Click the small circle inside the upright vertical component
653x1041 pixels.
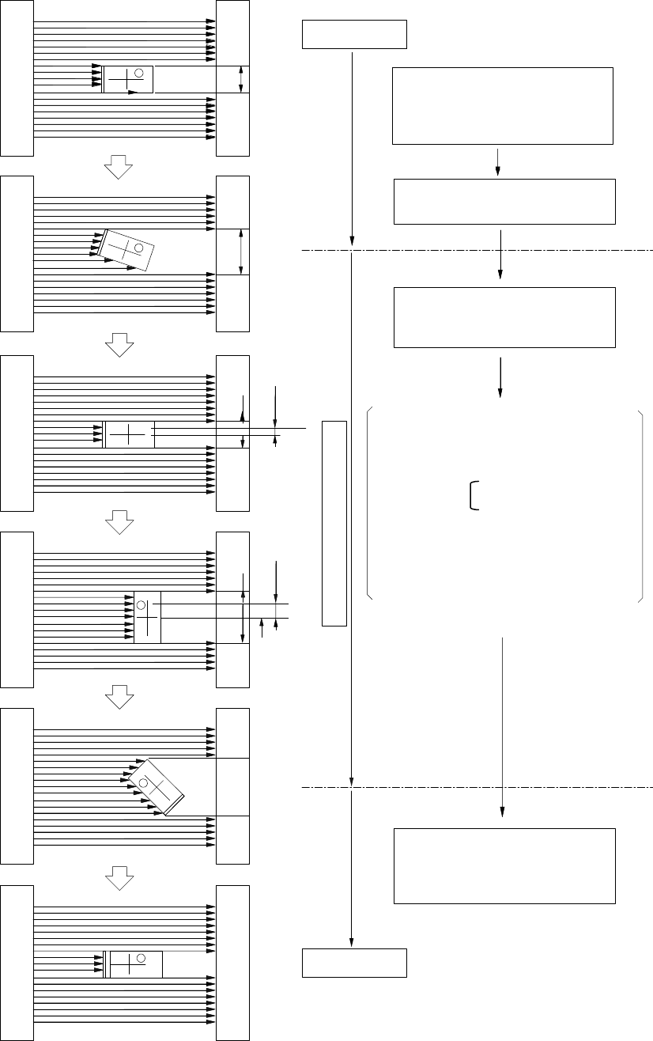[141, 605]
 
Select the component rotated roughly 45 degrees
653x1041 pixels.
[157, 786]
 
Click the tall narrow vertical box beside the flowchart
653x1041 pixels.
[334, 523]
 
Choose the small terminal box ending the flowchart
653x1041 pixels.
[355, 963]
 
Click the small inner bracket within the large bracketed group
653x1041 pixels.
[474, 496]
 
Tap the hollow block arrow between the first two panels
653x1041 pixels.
[118, 167]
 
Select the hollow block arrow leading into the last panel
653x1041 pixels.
[118, 876]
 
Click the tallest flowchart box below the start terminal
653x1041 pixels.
[503, 106]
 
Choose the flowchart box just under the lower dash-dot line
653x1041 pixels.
[504, 865]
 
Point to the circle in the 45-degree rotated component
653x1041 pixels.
[144, 784]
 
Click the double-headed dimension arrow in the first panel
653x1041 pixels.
[241, 80]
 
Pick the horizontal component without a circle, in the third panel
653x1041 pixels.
[128, 435]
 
